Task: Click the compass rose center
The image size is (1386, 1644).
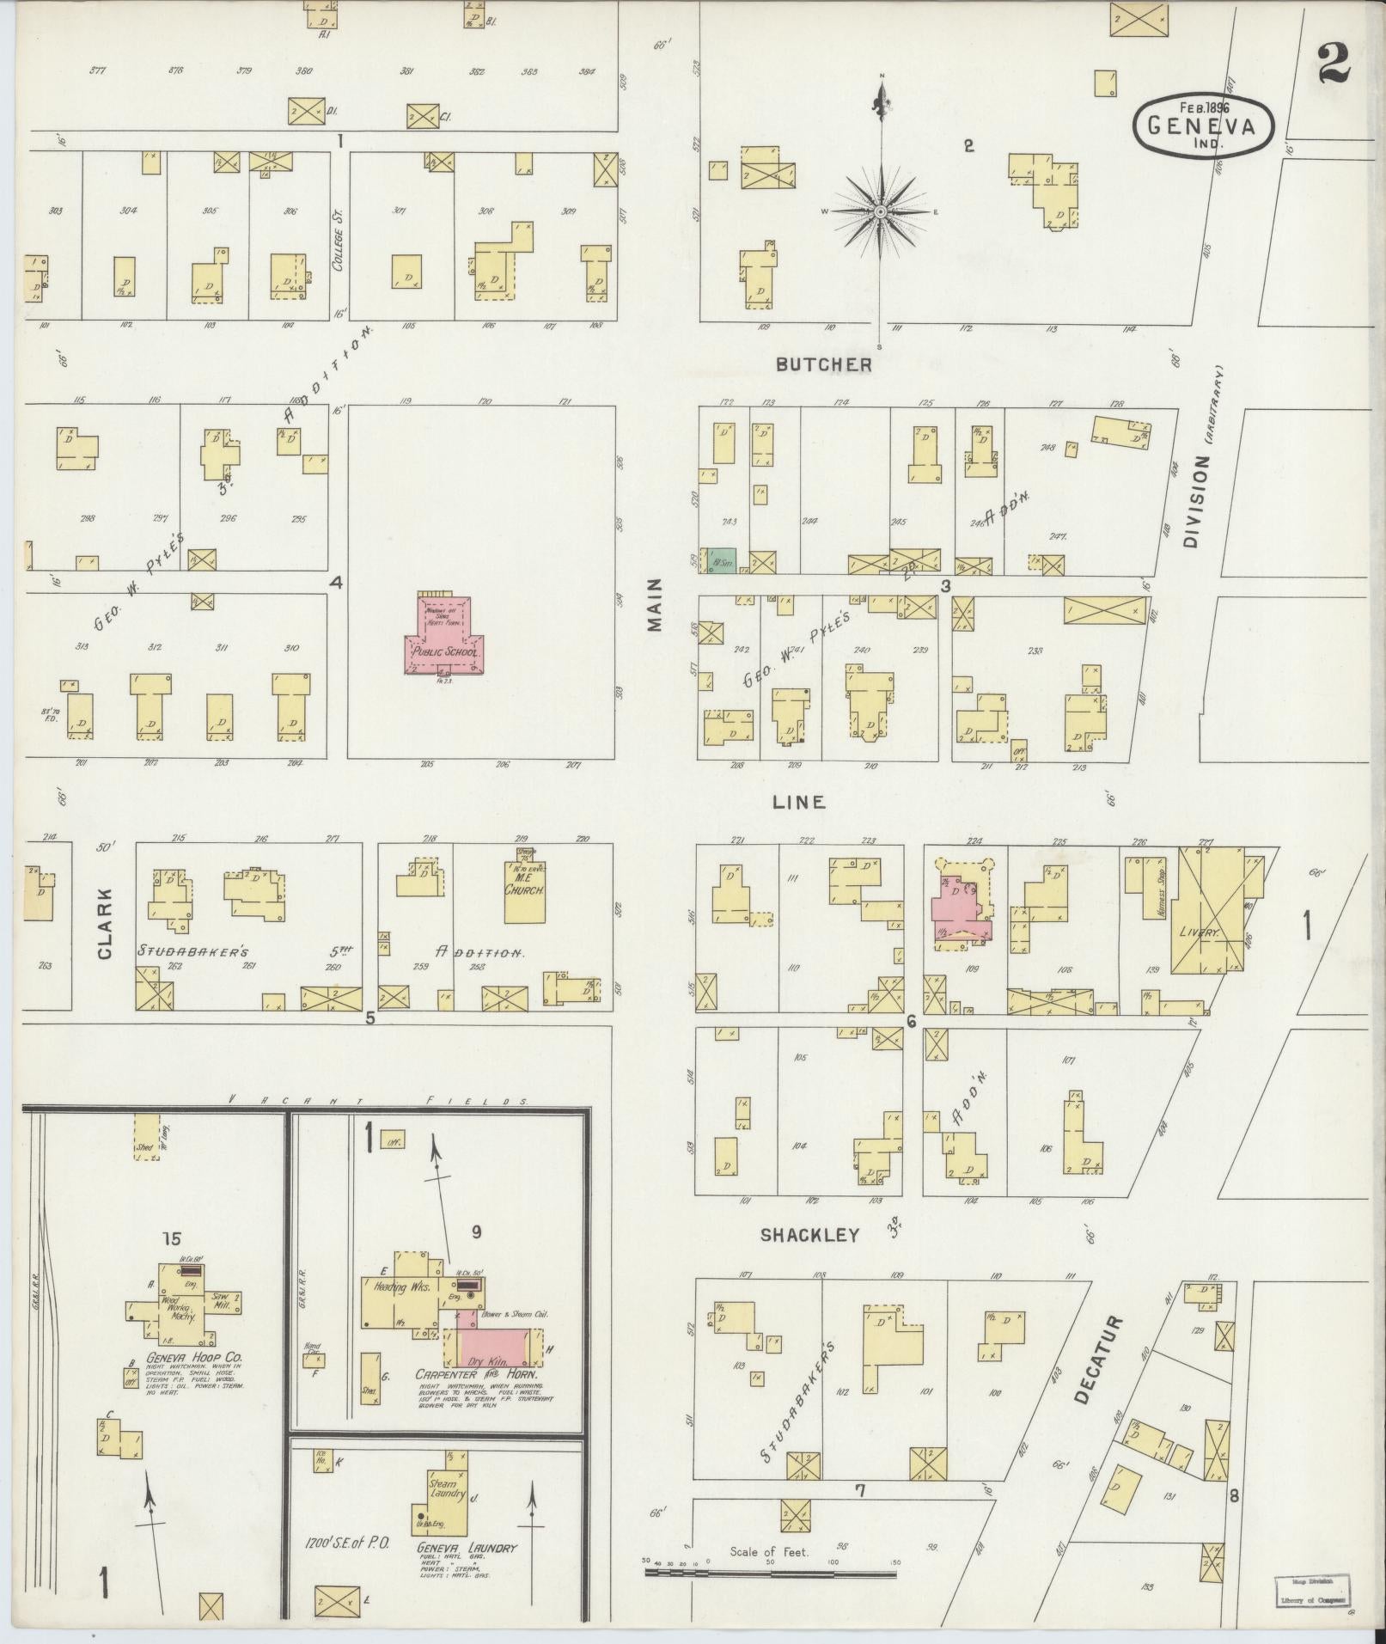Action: pyautogui.click(x=881, y=211)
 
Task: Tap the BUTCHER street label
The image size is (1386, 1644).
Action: pyautogui.click(x=823, y=364)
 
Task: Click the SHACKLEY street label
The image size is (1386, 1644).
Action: pyautogui.click(x=809, y=1235)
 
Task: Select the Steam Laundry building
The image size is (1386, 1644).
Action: pyautogui.click(x=449, y=1489)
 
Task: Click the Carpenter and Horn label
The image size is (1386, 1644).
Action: pyautogui.click(x=478, y=1374)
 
